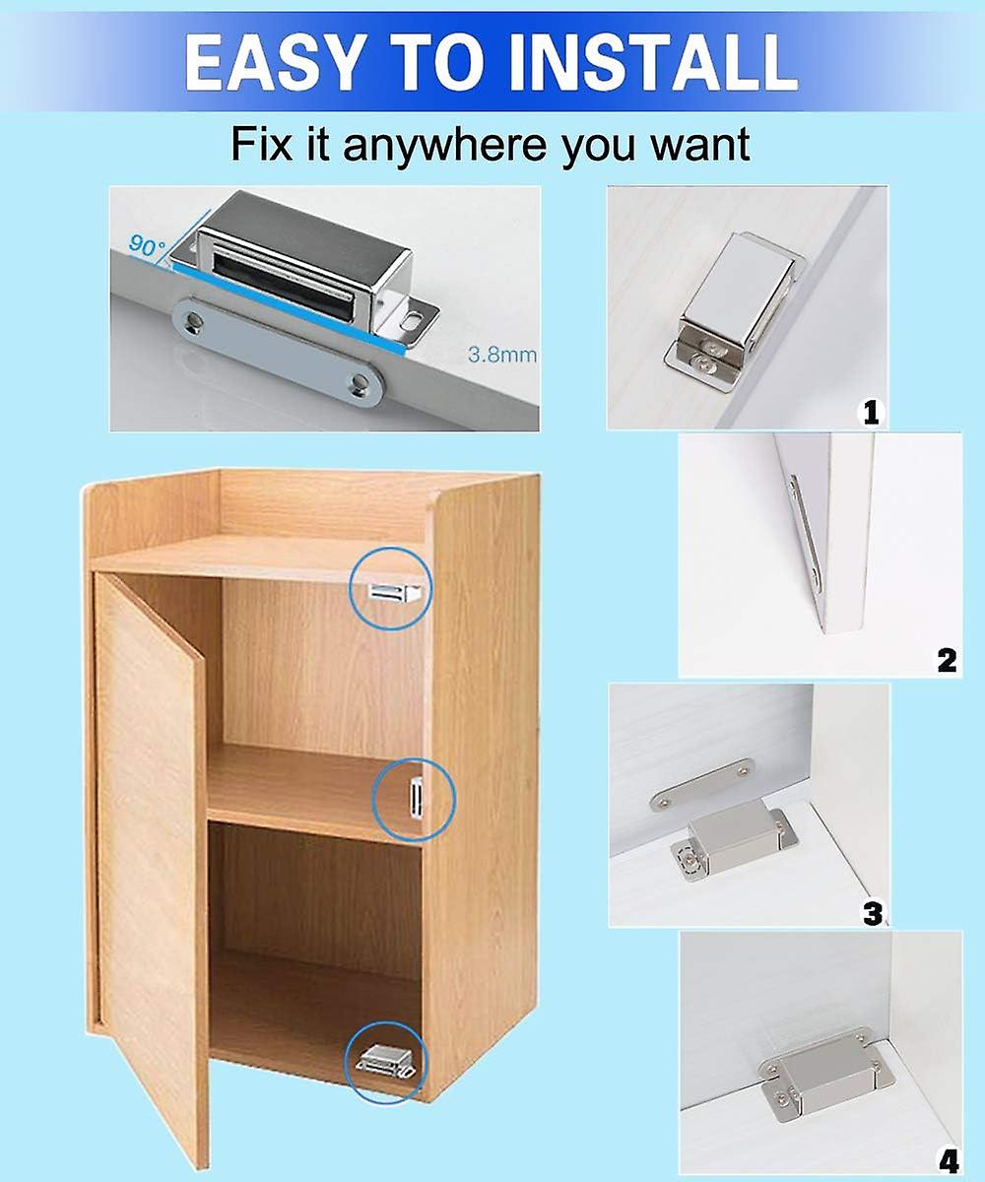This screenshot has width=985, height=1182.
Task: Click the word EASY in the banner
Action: click(x=263, y=62)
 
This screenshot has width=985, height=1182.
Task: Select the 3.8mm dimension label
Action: click(x=501, y=355)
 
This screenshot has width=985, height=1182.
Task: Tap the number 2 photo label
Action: click(x=947, y=659)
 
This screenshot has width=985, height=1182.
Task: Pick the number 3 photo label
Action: click(x=873, y=912)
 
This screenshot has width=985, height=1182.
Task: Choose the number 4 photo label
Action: click(x=949, y=1161)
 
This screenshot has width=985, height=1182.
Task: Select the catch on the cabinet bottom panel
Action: click(x=383, y=1062)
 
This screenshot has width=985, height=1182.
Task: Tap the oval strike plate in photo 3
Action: click(x=702, y=785)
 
